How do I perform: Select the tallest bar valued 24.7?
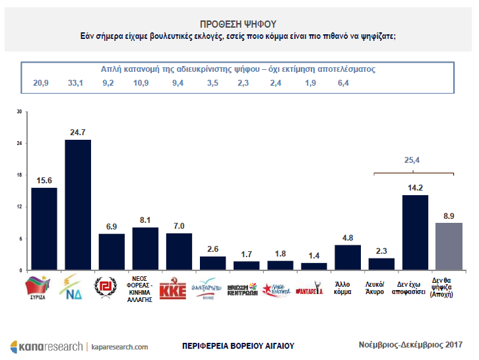pyautogui.click(x=78, y=204)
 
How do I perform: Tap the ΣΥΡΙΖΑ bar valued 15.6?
pyautogui.click(x=44, y=229)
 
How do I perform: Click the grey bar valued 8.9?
pyautogui.click(x=449, y=246)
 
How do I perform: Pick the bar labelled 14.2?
pyautogui.click(x=416, y=232)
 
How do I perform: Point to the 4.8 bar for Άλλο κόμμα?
pyautogui.click(x=348, y=257)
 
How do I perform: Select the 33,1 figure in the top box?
pyautogui.click(x=77, y=83)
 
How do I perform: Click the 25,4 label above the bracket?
pyautogui.click(x=413, y=160)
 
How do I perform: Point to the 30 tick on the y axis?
pyautogui.click(x=19, y=112)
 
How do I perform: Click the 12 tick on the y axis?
pyautogui.click(x=19, y=207)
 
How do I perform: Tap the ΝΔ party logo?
pyautogui.click(x=77, y=288)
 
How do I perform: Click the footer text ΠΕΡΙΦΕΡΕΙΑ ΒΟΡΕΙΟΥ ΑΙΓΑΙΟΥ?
pyautogui.click(x=238, y=346)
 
